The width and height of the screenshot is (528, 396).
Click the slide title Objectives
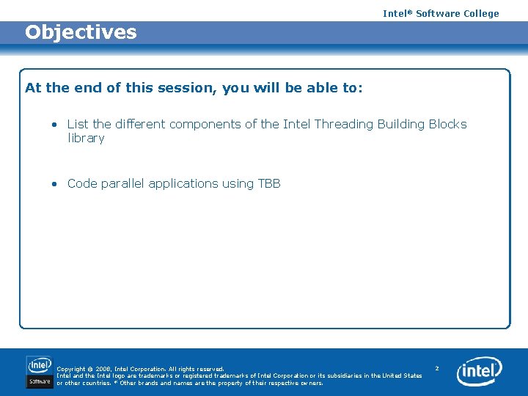click(81, 32)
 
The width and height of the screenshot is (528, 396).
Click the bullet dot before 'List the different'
click(54, 125)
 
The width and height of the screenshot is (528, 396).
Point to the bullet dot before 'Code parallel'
click(54, 184)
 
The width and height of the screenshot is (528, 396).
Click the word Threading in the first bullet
click(343, 125)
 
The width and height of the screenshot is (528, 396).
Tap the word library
click(86, 139)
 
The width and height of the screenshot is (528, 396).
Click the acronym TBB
click(269, 184)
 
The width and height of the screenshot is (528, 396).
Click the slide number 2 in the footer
click(436, 368)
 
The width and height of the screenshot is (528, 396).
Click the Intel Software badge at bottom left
click(40, 372)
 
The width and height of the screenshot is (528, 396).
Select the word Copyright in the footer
click(71, 369)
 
